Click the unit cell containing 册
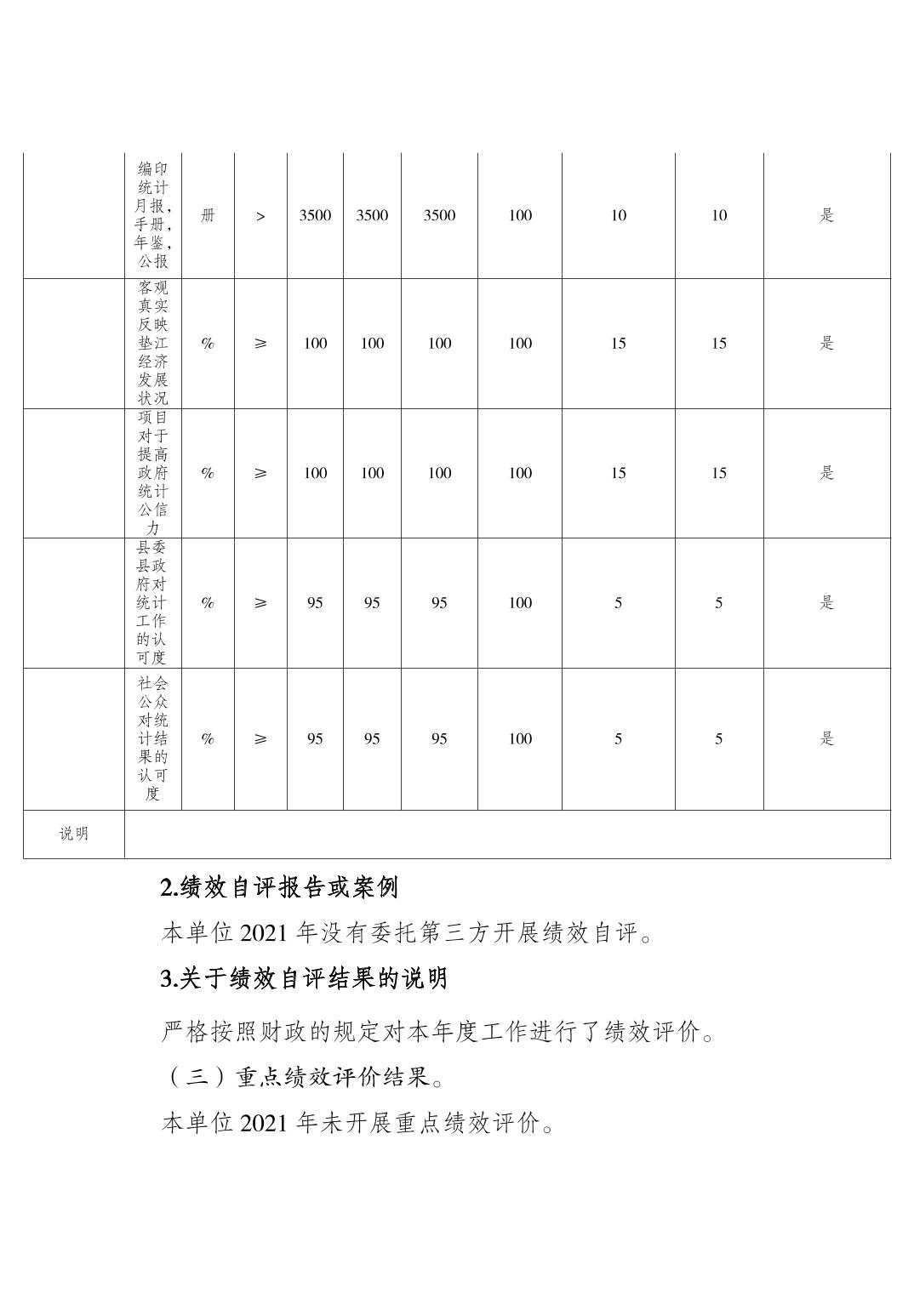coord(208,216)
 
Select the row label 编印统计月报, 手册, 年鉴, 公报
coord(153,215)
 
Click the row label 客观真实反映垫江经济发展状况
coord(153,343)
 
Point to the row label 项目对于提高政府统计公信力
coord(153,473)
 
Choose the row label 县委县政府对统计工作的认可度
coord(153,602)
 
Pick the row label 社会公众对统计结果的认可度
coord(153,738)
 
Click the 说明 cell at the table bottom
coord(73,834)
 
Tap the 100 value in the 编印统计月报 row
coord(520,216)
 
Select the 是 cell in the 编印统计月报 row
coord(826,216)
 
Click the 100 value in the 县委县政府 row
coord(520,603)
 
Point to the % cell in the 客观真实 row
coord(208,344)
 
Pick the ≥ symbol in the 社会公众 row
coord(260,739)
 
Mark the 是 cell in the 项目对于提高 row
coord(826,473)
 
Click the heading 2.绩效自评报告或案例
coord(279,888)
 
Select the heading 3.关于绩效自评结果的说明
coord(304,979)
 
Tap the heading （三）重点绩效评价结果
coord(302,1078)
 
